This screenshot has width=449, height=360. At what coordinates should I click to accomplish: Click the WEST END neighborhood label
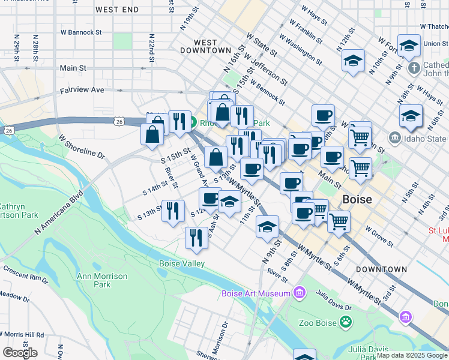point(117,10)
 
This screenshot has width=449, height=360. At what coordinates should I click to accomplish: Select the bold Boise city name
point(357,199)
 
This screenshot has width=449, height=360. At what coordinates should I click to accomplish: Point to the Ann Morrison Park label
point(102,280)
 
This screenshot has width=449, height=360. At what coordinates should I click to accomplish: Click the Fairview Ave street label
point(82,90)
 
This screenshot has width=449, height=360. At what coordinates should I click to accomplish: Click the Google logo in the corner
point(20,353)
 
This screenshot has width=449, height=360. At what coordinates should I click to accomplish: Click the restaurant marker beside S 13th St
point(172,210)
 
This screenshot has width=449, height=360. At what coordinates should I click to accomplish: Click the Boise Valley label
point(182,263)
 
